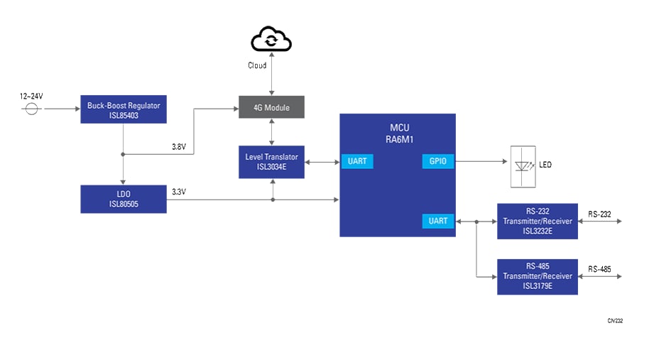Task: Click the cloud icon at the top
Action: coord(271,40)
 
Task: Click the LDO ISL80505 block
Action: coord(124,199)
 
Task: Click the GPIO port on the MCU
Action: coord(438,161)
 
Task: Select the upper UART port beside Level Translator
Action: coord(357,161)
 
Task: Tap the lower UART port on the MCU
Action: coord(438,221)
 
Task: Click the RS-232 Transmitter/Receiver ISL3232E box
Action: coord(538,221)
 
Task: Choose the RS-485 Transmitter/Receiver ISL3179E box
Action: coord(538,276)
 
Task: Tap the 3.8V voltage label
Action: coord(179,147)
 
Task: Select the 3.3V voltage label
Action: coord(179,192)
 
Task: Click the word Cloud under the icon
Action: coord(257,65)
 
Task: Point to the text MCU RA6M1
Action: coord(398,133)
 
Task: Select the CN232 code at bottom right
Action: coord(614,321)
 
